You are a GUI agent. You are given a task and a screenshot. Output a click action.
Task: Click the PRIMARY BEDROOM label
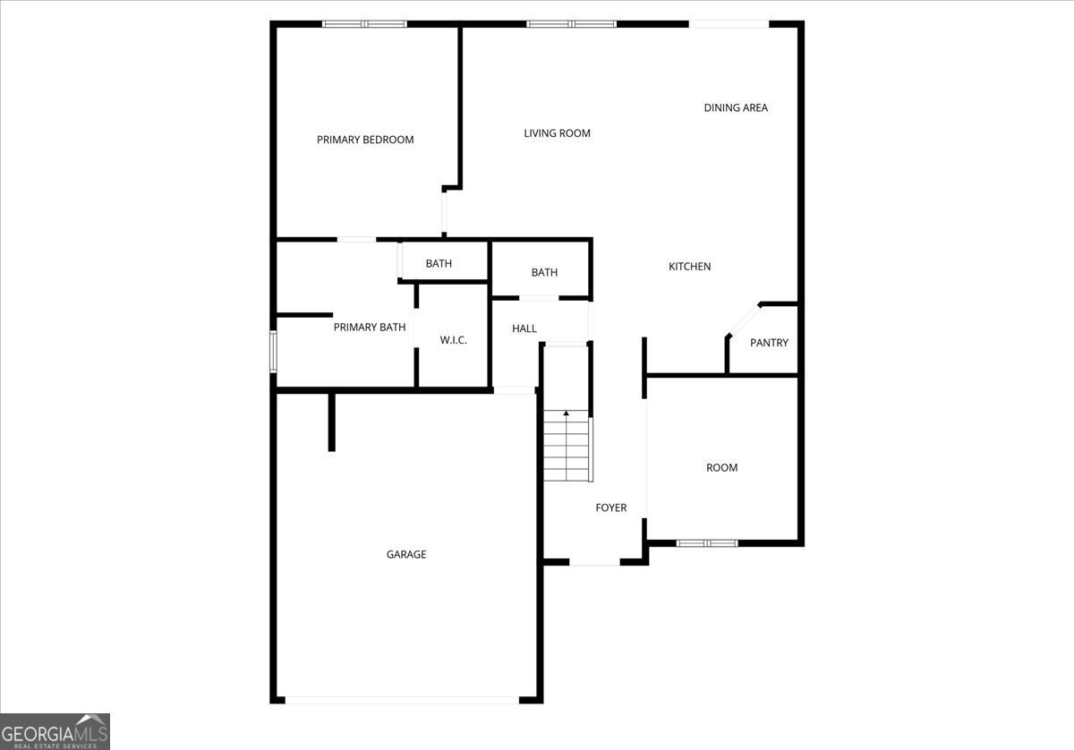365,140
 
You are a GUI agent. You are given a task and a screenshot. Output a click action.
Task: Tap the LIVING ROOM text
557,133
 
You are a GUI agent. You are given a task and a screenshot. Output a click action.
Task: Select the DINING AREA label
736,108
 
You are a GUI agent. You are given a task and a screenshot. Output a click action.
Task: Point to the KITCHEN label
689,267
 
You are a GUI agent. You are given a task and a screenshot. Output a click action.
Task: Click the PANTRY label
769,343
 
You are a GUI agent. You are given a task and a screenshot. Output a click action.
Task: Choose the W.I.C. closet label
453,340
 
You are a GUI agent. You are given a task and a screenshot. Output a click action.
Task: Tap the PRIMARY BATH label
369,328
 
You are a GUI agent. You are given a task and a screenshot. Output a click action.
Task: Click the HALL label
524,329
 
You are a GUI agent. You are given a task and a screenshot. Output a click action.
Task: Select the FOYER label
610,507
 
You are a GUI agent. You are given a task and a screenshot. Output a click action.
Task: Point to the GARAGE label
406,554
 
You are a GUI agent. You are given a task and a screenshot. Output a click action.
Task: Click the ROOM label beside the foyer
721,467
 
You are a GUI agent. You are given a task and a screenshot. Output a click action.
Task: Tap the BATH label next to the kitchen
544,273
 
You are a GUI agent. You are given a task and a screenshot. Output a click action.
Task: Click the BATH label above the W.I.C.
439,264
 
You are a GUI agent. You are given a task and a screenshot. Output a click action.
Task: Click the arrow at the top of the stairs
567,413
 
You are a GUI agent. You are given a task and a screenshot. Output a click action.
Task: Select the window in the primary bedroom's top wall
364,24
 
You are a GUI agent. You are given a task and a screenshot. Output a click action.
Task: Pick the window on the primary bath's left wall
273,352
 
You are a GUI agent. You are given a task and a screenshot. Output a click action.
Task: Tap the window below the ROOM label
707,543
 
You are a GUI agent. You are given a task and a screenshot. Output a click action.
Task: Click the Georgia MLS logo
55,732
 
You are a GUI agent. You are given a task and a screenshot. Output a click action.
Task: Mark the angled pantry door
744,320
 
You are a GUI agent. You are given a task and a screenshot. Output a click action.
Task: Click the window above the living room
572,24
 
